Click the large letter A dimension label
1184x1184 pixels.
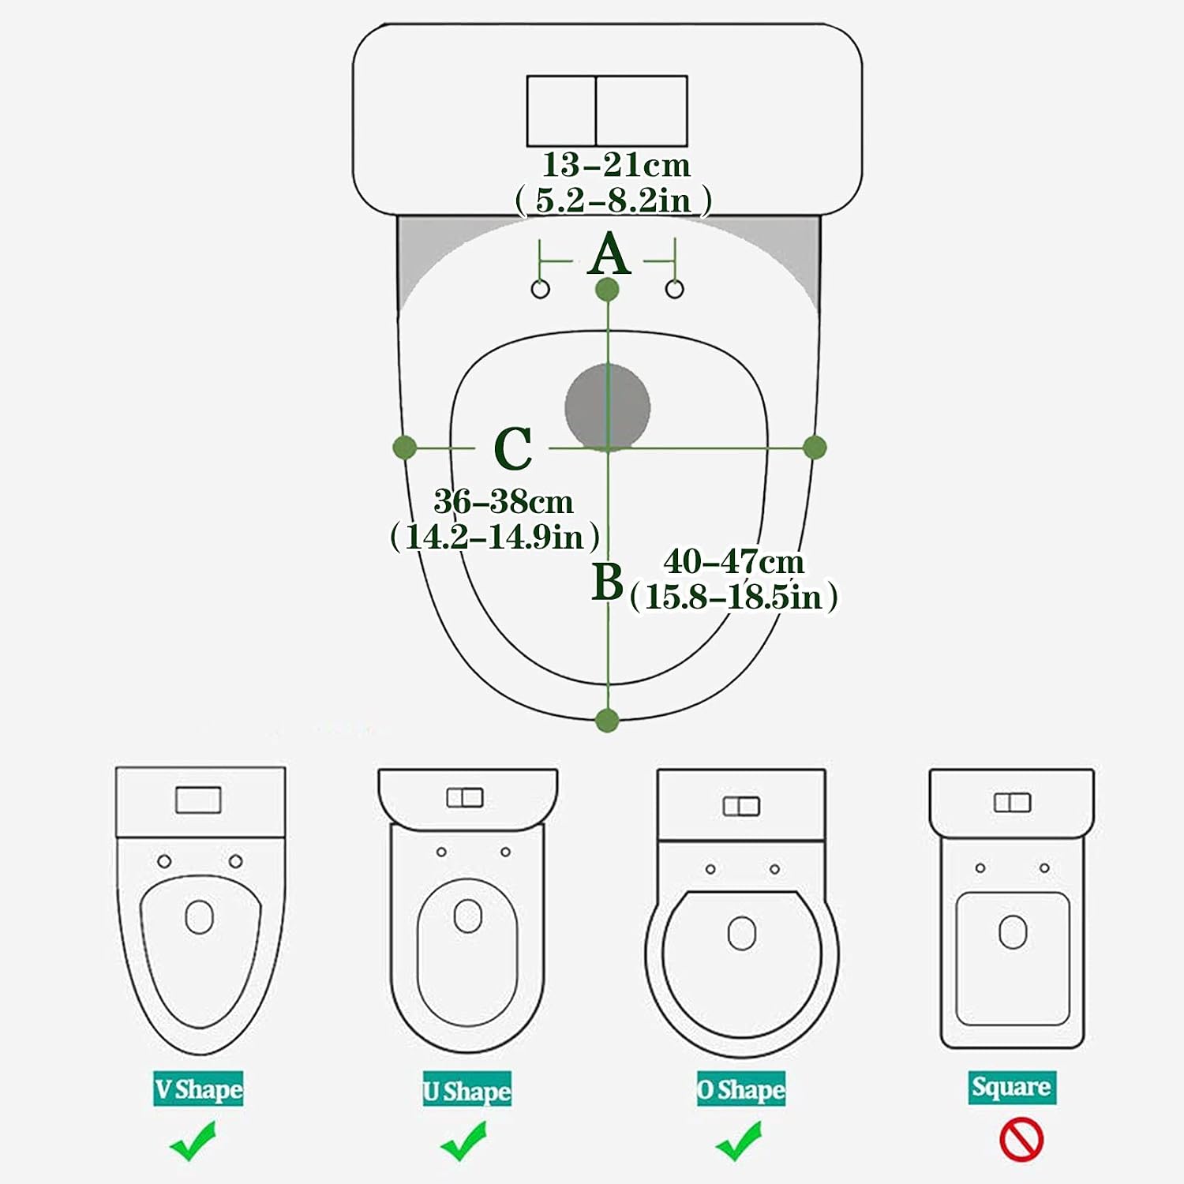(609, 254)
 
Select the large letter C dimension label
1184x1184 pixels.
(513, 448)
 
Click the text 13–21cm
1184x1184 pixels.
(616, 165)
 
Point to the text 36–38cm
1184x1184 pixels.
(503, 501)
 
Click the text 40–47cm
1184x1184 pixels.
(734, 561)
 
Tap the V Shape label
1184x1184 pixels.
(198, 1089)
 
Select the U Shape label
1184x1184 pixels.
(467, 1090)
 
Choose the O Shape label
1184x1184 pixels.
(741, 1090)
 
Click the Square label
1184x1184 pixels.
(1012, 1087)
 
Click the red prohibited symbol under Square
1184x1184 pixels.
(1021, 1141)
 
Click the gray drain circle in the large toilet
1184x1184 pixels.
(608, 407)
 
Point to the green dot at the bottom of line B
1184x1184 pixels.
(606, 720)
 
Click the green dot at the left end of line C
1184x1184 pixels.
(404, 448)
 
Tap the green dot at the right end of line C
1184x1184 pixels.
(815, 448)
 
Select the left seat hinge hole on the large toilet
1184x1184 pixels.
(541, 289)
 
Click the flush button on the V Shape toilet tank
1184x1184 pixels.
(198, 800)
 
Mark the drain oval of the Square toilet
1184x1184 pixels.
(1013, 932)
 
